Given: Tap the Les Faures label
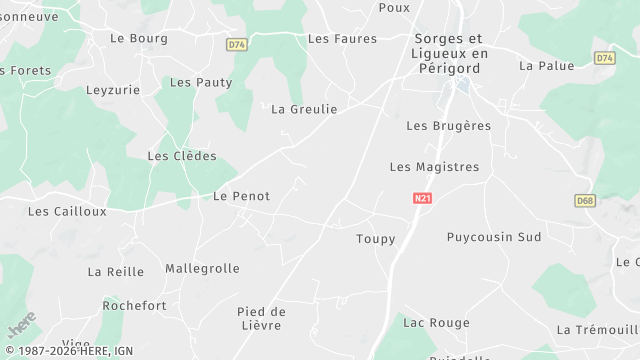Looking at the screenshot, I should coord(342,39).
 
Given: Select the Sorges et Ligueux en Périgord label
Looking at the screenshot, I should coord(451,53).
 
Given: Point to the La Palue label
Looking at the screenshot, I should coord(547,66).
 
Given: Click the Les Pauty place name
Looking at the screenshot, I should coord(201,82).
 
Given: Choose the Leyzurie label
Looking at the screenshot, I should coord(114,89).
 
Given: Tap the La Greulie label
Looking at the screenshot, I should coord(304,109).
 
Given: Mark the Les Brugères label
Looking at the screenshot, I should coord(449,126).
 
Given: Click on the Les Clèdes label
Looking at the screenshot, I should coord(182,156).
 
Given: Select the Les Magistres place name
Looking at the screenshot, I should coord(434,167).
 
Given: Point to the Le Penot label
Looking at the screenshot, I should coord(241,196).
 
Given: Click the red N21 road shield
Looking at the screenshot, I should coord(422,199).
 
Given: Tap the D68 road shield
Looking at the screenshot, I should coord(586,201).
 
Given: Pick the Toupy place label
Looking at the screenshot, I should coord(376,239).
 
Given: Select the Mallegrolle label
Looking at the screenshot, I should coord(202,268).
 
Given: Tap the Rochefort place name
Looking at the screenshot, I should coord(134,306).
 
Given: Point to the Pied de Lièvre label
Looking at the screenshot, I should coord(262,318).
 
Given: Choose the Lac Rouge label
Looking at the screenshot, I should coord(435,322).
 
